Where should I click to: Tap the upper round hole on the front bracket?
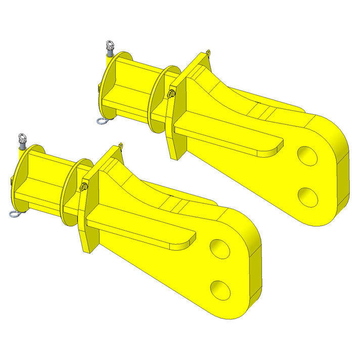220,248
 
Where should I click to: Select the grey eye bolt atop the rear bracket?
109,50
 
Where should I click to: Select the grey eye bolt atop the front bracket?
22,140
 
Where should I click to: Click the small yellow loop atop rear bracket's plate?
208,52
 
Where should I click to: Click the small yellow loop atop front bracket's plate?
120,146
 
